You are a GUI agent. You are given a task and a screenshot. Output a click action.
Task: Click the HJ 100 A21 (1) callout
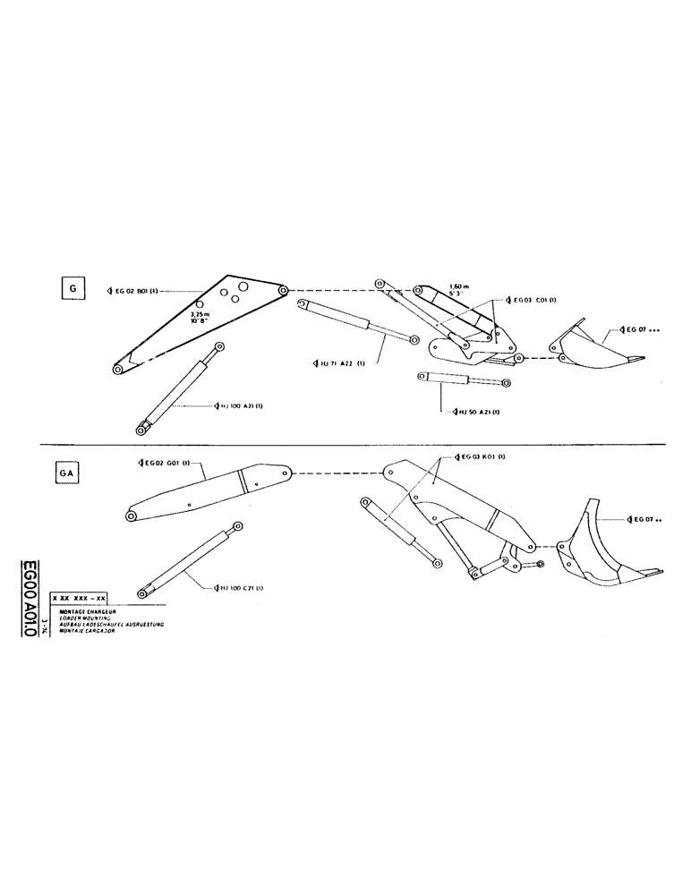click(x=236, y=405)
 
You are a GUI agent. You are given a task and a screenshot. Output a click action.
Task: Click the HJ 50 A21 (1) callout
click(x=476, y=412)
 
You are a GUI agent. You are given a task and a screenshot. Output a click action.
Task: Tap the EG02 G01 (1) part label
click(x=161, y=463)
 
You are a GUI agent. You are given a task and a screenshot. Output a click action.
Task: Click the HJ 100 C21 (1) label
click(x=237, y=586)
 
